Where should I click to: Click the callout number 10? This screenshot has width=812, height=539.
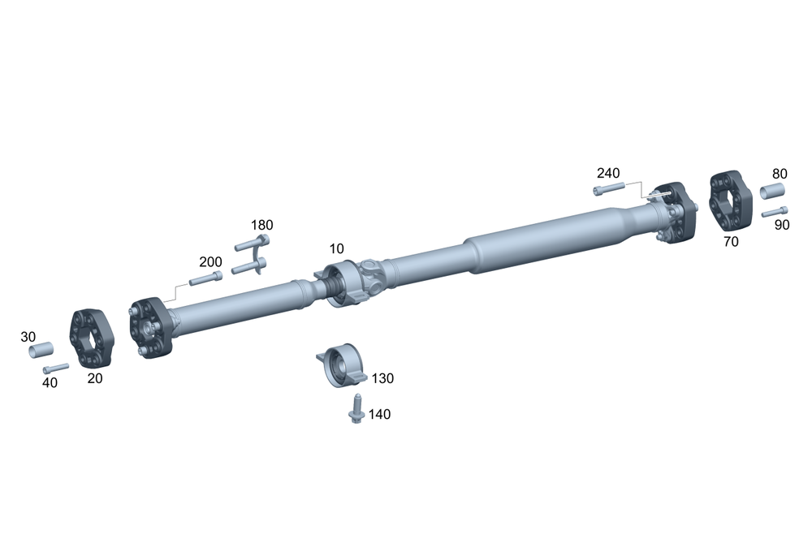point(337,249)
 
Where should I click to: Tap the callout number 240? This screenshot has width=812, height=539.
point(608,173)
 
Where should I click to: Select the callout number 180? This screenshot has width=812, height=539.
point(262,225)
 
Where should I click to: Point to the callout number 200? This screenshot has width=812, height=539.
point(211,262)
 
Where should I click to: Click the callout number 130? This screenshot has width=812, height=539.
point(382,378)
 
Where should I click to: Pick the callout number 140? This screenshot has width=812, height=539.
point(379,414)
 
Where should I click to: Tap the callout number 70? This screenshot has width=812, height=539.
point(731,242)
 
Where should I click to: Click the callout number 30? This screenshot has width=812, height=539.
point(28,337)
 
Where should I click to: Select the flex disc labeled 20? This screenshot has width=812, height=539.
point(92,338)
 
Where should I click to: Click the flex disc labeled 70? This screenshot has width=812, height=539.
point(730,201)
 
